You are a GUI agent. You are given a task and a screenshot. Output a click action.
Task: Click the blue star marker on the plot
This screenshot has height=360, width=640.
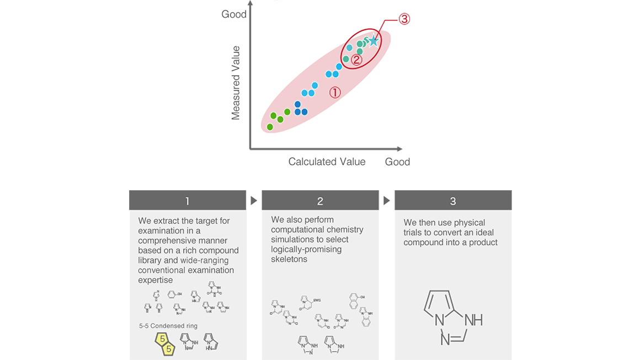click(374, 40)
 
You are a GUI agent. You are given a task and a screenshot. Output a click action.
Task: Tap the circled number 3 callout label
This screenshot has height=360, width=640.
click(404, 19)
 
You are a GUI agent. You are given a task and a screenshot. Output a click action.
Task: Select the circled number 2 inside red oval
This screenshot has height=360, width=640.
click(356, 60)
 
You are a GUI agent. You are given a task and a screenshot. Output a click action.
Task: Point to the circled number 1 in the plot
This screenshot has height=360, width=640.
click(335, 93)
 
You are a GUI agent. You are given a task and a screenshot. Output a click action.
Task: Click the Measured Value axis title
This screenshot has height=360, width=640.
click(236, 83)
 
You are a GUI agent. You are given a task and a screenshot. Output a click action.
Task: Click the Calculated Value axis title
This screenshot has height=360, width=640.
click(327, 162)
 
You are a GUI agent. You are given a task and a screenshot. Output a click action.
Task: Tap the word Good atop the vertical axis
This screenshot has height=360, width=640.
click(234, 14)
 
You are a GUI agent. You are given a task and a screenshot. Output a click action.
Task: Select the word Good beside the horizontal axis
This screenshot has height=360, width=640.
click(397, 162)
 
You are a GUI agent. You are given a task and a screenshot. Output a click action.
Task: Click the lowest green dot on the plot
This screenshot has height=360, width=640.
click(270, 127)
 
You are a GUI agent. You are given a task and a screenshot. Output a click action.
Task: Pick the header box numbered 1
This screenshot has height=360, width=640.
click(187, 201)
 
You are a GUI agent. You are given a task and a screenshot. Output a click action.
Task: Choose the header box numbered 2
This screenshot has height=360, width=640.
click(320, 201)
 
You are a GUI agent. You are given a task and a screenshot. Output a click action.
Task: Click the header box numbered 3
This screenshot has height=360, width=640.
click(453, 201)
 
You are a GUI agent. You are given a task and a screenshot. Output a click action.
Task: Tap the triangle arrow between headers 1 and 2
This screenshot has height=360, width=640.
click(254, 201)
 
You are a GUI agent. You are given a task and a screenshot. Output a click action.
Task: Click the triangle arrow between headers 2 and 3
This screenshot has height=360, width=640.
click(387, 201)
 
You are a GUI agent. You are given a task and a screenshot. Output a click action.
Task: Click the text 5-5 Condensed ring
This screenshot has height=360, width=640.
click(168, 326)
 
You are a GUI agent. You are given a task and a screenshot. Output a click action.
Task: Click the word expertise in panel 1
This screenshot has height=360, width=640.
click(156, 280)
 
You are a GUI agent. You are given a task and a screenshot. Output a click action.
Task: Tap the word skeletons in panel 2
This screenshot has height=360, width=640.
click(289, 259)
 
